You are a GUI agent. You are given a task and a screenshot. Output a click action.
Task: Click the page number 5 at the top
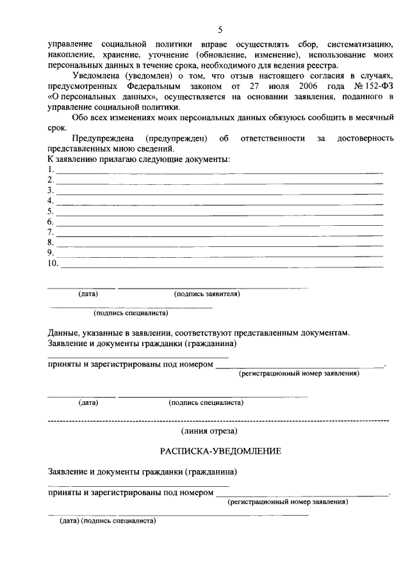[220, 30]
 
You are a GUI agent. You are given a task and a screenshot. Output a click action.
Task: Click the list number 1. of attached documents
[51, 170]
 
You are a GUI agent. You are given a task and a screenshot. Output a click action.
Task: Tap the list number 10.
[53, 263]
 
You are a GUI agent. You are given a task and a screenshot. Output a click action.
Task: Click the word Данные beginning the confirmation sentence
[63, 333]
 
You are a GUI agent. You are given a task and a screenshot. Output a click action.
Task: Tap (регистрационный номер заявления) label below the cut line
[288, 503]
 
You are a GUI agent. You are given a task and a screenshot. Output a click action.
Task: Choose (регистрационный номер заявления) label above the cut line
[299, 374]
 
